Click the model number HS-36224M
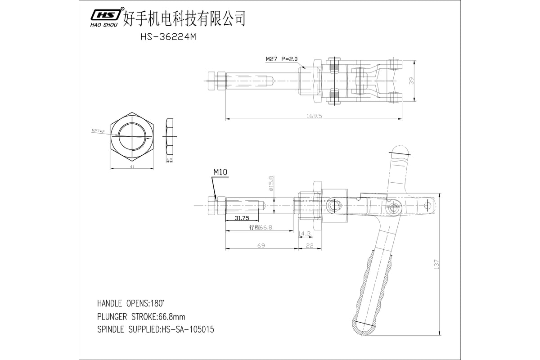click(x=168, y=38)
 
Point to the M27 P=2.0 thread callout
click(x=282, y=59)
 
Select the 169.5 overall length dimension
click(x=314, y=116)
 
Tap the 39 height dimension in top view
click(x=412, y=81)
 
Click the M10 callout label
click(x=220, y=172)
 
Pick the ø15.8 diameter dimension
click(x=271, y=183)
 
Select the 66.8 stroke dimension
click(x=261, y=228)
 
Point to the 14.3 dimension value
click(x=305, y=234)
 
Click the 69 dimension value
click(x=261, y=246)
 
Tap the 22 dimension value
click(x=310, y=246)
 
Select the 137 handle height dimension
click(x=436, y=265)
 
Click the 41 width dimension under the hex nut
click(x=132, y=167)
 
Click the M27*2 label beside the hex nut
click(x=98, y=131)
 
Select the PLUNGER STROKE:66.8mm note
click(x=148, y=316)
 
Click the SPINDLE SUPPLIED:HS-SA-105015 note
click(x=155, y=330)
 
